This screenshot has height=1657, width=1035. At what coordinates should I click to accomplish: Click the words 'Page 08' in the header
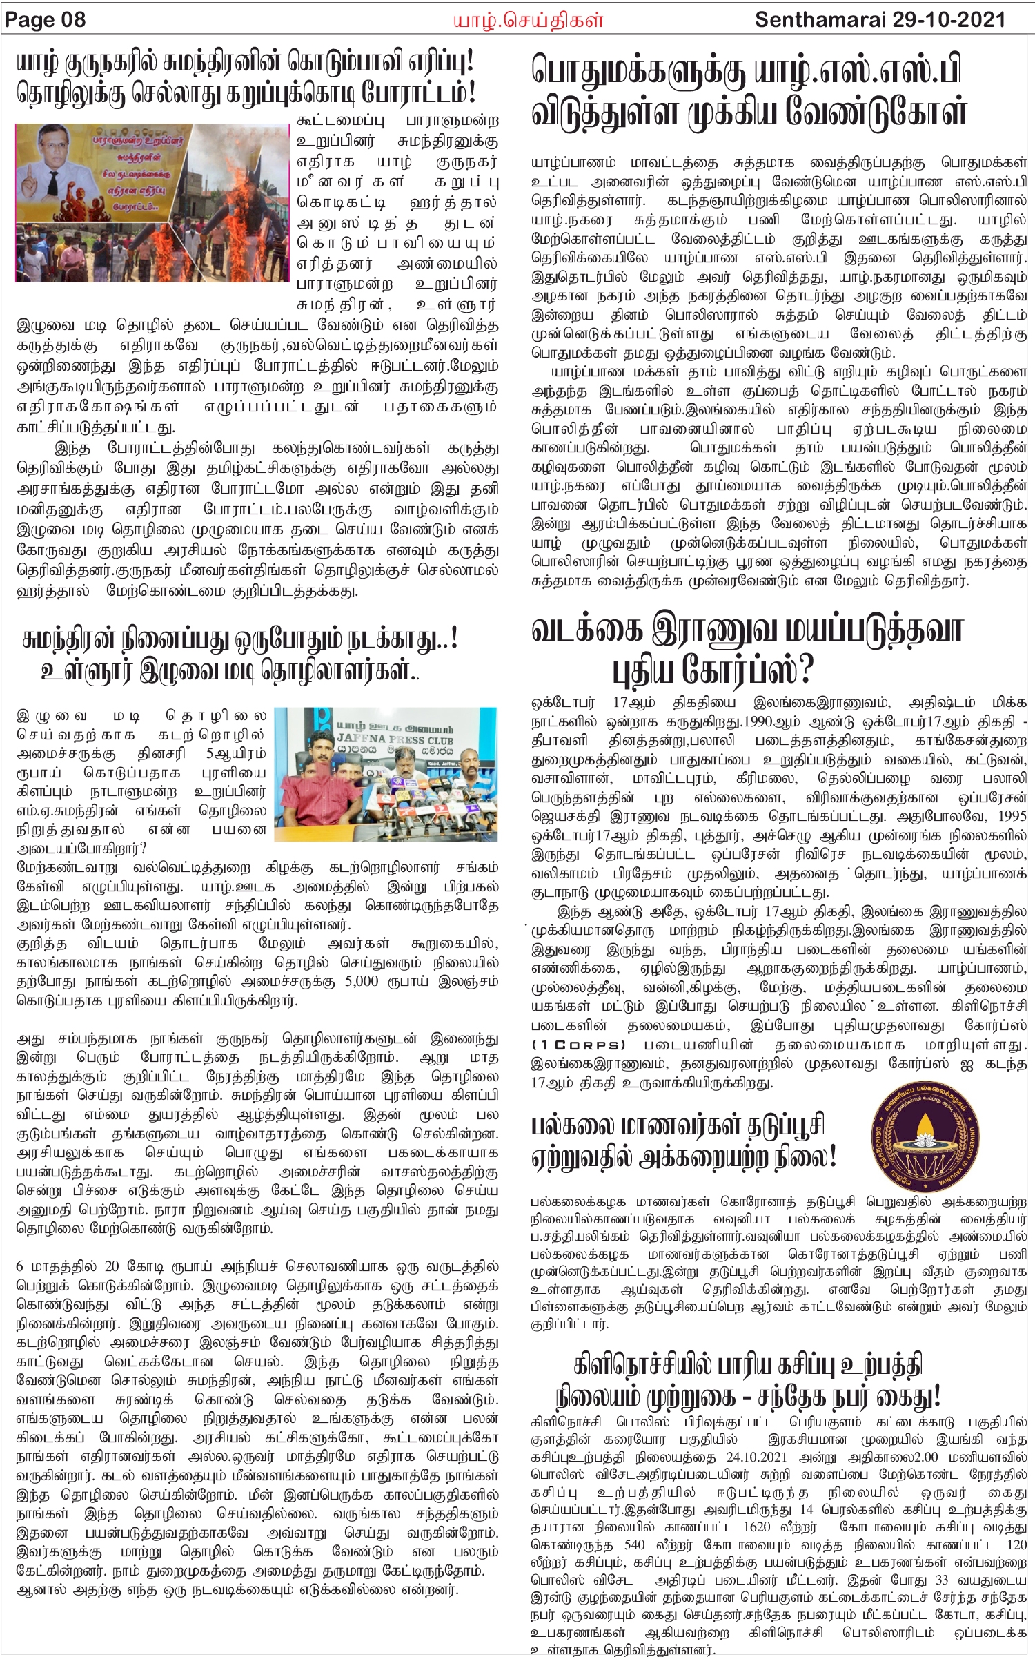tap(46, 19)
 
